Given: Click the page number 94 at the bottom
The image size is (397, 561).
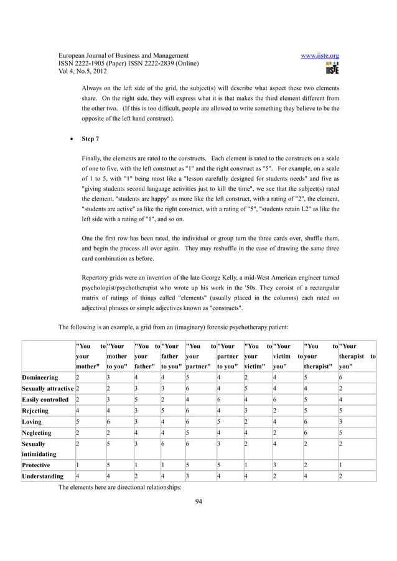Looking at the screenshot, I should coord(198,501).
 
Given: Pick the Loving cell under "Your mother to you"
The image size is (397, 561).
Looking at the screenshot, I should coord(108,422).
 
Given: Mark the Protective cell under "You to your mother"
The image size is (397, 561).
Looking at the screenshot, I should coord(77,466).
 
